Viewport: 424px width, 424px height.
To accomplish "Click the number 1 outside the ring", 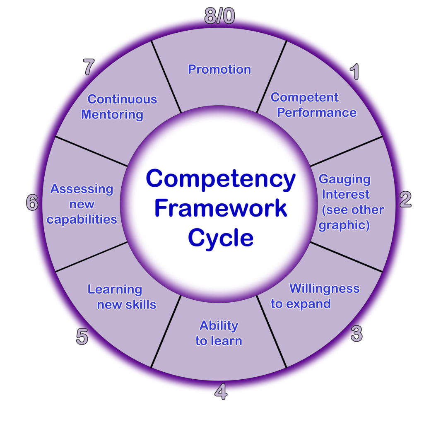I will coord(354,72).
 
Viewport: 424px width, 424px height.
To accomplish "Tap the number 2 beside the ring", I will coord(405,200).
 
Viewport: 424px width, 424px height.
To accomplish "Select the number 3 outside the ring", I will coord(357,333).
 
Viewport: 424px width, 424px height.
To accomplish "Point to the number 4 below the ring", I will coord(221,391).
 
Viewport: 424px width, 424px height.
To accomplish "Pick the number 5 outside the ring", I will coord(82,337).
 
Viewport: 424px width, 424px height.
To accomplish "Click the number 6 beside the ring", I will coord(32,203).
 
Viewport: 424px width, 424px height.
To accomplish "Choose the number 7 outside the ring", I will coord(89,67).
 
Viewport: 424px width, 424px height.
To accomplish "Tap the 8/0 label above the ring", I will coord(219,17).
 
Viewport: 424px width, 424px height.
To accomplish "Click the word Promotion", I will coord(219,69).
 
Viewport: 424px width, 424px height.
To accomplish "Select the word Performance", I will coord(317,113).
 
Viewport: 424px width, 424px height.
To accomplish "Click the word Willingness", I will coord(324,288).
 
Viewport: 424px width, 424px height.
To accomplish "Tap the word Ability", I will coord(219,325).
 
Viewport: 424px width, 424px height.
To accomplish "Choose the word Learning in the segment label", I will coord(115,289).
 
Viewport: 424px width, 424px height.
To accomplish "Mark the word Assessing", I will coord(82,189).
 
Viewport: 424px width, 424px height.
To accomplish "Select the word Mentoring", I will coord(112,114).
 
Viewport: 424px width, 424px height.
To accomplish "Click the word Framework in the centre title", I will coord(220,208).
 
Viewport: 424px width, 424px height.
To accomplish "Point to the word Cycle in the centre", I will coord(220,238).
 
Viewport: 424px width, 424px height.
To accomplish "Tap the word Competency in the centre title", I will coord(220,179).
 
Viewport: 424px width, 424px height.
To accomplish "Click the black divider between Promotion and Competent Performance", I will coord(272,77).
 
